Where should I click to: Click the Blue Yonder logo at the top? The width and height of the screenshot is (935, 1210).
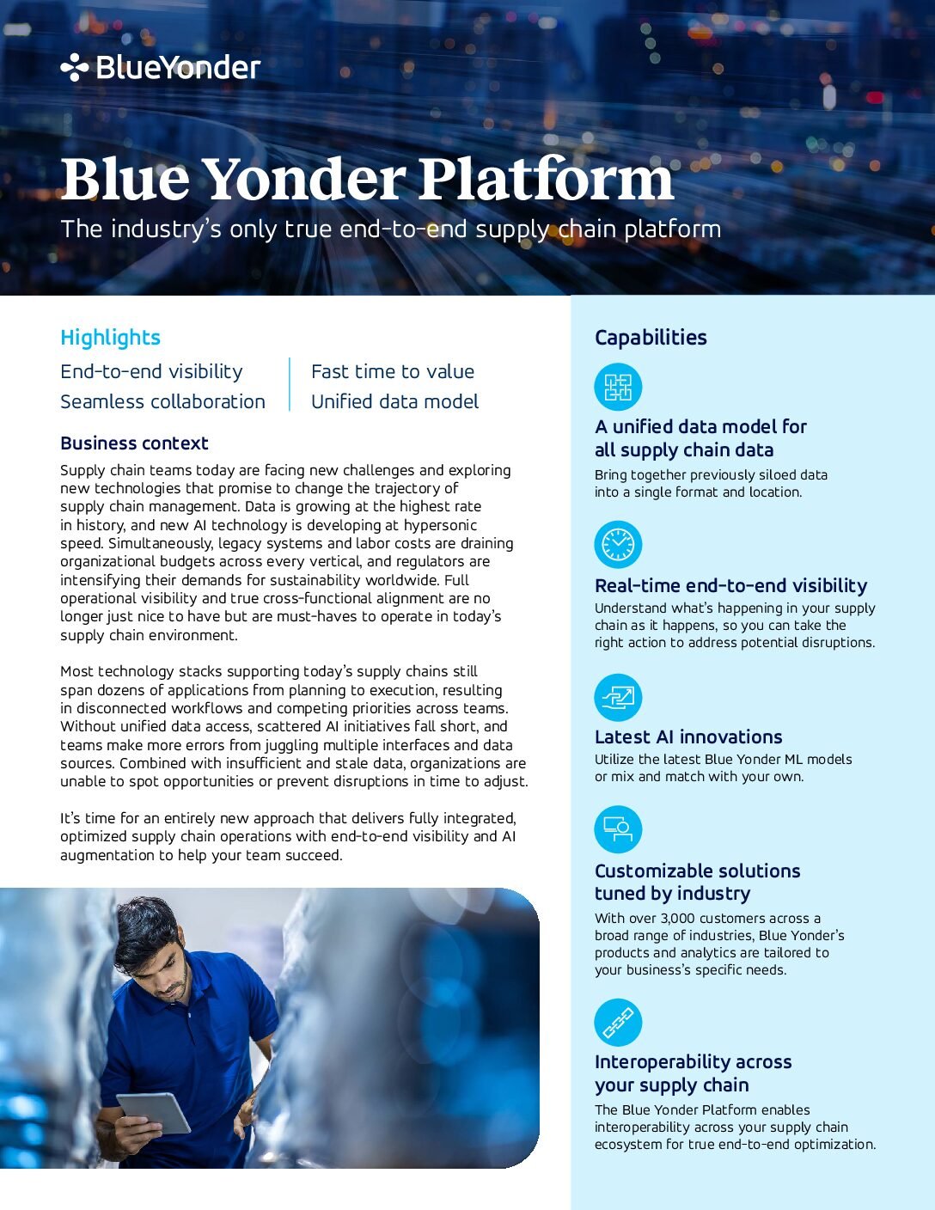click(x=161, y=67)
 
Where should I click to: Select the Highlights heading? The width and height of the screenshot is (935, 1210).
click(x=110, y=338)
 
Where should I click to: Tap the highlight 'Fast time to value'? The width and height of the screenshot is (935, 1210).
click(x=392, y=371)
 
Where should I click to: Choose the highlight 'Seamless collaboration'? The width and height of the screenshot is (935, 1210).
click(x=162, y=401)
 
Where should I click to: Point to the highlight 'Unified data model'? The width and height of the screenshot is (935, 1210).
click(x=394, y=401)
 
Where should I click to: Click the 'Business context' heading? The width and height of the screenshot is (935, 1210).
click(x=134, y=443)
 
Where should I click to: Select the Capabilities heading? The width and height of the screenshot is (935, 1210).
click(x=651, y=338)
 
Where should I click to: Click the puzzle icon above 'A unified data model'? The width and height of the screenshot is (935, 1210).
click(x=618, y=387)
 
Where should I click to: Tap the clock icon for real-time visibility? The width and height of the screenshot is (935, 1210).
click(x=618, y=545)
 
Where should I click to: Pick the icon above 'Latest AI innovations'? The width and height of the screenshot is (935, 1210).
click(x=618, y=697)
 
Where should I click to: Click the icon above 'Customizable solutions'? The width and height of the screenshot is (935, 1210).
click(x=618, y=829)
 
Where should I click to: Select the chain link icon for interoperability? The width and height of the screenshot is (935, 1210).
click(x=618, y=1023)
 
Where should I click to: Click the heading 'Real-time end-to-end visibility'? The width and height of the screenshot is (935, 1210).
click(x=730, y=585)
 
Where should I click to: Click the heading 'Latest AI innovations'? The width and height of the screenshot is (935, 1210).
click(x=688, y=736)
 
